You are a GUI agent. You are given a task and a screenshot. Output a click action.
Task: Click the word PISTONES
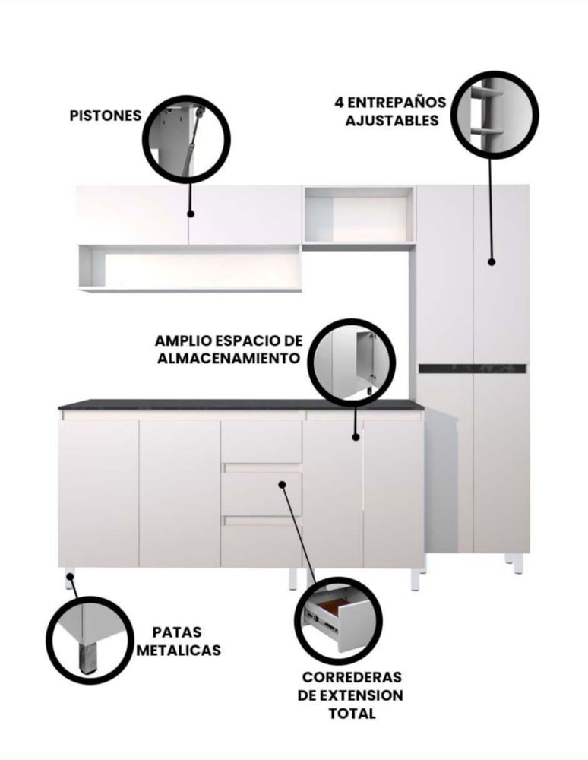(x=106, y=116)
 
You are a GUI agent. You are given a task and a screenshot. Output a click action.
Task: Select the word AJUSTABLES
(x=392, y=120)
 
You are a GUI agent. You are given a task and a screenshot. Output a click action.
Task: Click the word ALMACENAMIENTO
(x=229, y=358)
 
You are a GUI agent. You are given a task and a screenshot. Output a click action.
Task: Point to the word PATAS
(x=177, y=632)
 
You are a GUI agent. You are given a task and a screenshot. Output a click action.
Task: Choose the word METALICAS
(x=179, y=650)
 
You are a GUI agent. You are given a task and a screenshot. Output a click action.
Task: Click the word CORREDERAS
(x=352, y=677)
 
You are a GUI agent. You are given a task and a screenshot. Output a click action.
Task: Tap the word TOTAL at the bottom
(x=352, y=714)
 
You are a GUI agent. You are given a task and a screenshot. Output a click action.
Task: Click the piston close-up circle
(x=186, y=140)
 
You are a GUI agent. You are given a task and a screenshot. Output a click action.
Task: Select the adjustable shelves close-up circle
(x=495, y=116)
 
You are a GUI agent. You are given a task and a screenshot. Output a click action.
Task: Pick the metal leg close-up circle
(x=90, y=640)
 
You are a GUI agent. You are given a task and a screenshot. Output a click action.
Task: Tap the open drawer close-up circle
(x=338, y=621)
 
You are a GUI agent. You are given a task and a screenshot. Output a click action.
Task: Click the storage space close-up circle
(x=352, y=362)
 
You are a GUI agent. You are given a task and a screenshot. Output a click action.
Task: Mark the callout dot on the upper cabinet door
(x=191, y=214)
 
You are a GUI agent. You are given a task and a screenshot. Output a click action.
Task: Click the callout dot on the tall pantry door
(x=492, y=261)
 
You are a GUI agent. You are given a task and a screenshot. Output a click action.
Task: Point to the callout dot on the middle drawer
(x=282, y=484)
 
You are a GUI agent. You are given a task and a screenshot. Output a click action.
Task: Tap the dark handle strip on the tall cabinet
(x=473, y=369)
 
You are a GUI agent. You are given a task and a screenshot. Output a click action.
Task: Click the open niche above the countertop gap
(x=359, y=215)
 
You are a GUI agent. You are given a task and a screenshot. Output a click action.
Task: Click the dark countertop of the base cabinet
(x=241, y=405)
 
